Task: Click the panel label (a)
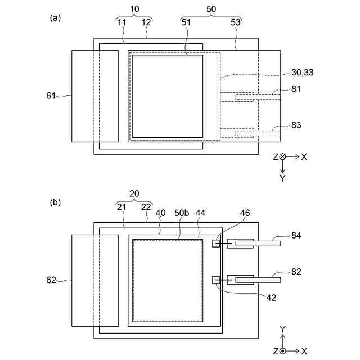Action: pos(55,17)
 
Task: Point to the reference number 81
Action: pos(296,89)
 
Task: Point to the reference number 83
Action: pos(296,125)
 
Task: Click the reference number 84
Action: pos(296,236)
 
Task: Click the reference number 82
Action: pos(296,272)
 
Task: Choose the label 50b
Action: pos(182,214)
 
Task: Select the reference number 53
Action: pos(236,22)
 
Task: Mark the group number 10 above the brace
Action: pos(134,11)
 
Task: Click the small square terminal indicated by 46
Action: pos(215,243)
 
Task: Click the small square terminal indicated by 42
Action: pos(215,280)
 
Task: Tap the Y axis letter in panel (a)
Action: pos(282,178)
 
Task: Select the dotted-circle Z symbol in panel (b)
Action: pos(282,351)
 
